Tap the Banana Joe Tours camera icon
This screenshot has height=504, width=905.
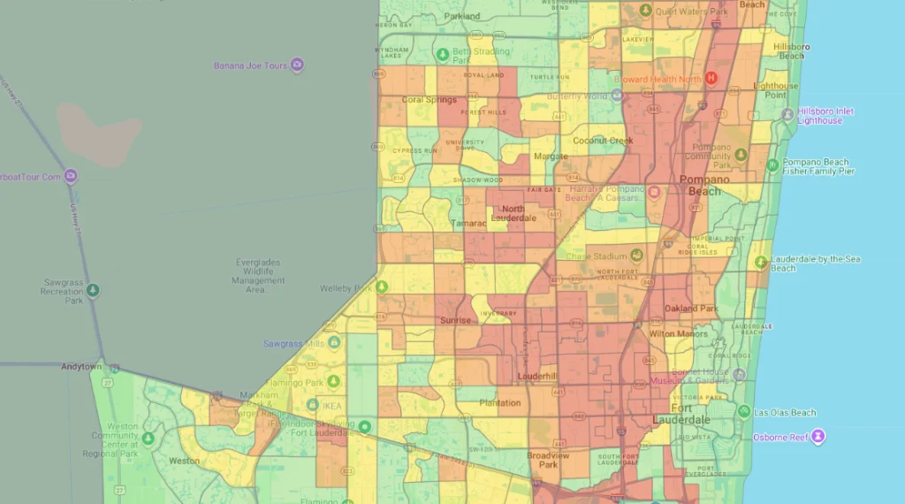[x=298, y=65]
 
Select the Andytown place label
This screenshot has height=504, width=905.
[x=82, y=366]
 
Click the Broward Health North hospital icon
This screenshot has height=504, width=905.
[x=709, y=79]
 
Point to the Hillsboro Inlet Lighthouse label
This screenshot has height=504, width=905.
[x=820, y=116]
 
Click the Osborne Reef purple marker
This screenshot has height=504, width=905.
[x=819, y=437]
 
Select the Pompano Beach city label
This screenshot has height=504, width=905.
[x=705, y=185]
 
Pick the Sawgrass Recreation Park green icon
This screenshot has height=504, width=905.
[x=94, y=290]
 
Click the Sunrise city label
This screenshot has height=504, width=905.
[x=455, y=320]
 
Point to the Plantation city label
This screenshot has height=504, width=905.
[x=499, y=403]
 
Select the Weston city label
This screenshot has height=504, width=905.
[x=184, y=461]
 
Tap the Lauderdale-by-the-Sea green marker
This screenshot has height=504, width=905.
[x=760, y=262]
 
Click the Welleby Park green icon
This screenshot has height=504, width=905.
[x=382, y=287]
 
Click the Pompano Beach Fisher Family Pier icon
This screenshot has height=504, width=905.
[x=772, y=165]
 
